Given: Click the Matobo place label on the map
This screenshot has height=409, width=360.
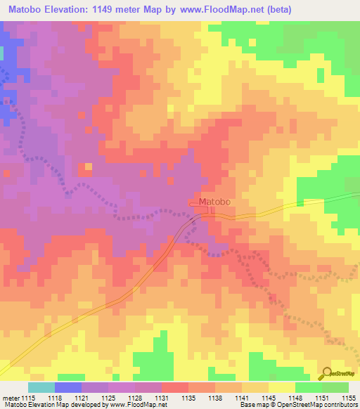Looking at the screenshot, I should click(x=214, y=202).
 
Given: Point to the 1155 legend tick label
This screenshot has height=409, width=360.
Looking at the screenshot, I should click(x=349, y=397).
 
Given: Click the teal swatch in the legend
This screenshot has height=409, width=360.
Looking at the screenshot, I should click(x=41, y=387).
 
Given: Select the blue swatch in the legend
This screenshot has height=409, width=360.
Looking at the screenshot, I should click(x=68, y=387).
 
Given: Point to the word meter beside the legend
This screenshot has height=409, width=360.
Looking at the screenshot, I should click(x=12, y=397).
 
